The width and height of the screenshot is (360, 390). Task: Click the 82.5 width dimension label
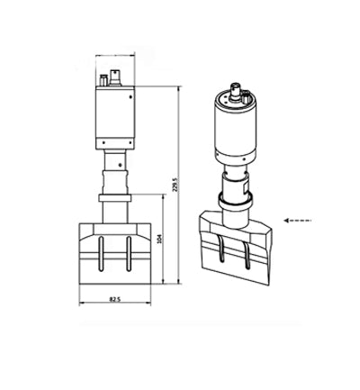(115, 299)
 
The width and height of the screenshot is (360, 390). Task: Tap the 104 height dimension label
(159, 239)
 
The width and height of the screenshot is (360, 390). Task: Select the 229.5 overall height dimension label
(175, 185)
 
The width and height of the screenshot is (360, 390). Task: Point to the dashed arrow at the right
(298, 221)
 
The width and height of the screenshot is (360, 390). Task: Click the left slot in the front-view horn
(101, 254)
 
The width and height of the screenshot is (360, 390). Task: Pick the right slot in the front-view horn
(129, 254)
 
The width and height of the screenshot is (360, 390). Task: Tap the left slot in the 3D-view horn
(221, 249)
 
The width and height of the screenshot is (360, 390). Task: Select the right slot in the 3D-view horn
(247, 255)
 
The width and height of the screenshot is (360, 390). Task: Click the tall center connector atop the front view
(115, 78)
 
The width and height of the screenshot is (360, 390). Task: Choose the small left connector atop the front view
(103, 81)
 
